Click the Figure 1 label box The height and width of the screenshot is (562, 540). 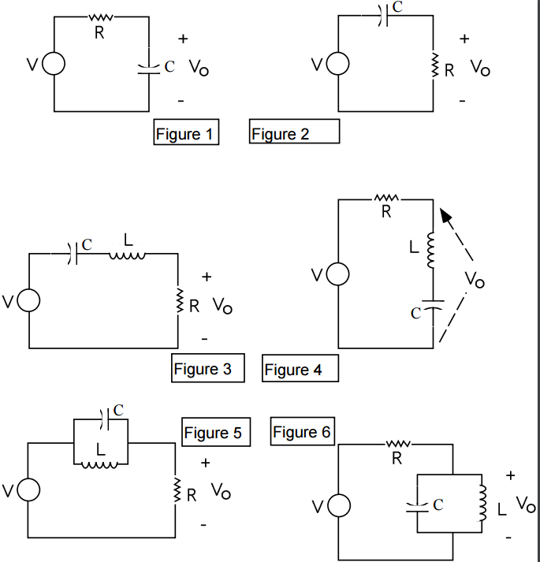point(185,133)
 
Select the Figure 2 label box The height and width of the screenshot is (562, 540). point(294,132)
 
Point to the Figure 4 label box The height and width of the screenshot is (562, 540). point(300,369)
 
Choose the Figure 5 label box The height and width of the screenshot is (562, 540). point(216,433)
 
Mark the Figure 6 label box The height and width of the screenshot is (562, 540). point(303,432)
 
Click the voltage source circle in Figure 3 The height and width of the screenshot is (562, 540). point(29,301)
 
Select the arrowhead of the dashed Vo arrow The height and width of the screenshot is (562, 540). point(447,215)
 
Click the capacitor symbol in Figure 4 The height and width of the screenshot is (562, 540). point(433,303)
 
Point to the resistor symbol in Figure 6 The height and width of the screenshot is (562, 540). point(397,446)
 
